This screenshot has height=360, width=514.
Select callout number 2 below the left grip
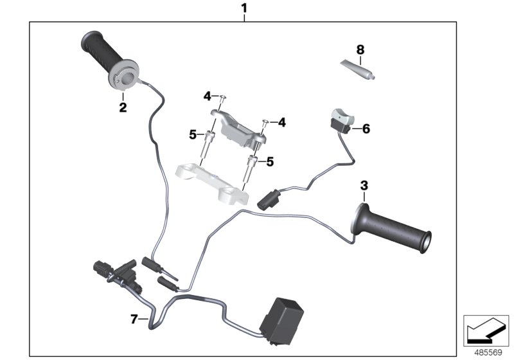[122, 107]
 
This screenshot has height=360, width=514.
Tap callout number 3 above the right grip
[364, 186]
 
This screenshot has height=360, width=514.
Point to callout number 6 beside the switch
[366, 129]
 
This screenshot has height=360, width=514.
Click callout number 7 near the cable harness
[134, 318]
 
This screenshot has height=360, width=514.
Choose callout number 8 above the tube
[360, 49]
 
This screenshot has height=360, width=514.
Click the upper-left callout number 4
[207, 96]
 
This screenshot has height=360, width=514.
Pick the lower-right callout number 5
[270, 163]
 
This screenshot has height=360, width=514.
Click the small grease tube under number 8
[357, 69]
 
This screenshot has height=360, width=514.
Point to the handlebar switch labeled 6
[341, 120]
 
